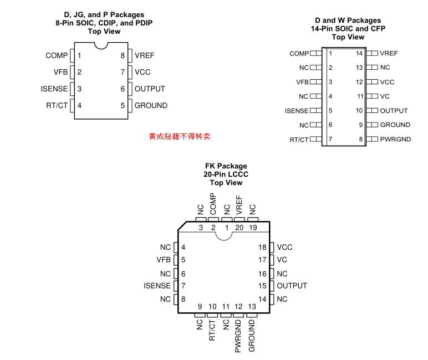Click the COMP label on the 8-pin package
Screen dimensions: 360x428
click(x=57, y=55)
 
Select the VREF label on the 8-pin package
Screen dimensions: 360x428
click(x=144, y=55)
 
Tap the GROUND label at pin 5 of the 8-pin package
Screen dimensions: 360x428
click(x=151, y=105)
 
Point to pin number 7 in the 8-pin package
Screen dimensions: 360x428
click(x=123, y=72)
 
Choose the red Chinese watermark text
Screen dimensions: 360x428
click(x=180, y=136)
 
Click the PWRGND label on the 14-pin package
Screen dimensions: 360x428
click(x=396, y=139)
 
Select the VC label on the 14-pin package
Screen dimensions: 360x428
click(x=385, y=96)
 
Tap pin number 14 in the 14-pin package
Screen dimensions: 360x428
click(x=359, y=53)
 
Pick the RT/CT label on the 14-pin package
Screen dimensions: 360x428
click(x=299, y=140)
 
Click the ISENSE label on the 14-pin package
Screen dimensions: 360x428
click(x=297, y=111)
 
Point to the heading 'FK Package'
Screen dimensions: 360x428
click(x=226, y=166)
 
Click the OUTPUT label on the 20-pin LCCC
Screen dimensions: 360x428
click(x=292, y=286)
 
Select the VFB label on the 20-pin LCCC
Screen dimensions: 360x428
click(x=164, y=260)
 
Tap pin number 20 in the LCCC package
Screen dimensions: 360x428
click(x=240, y=228)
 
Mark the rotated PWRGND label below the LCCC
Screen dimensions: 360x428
click(x=239, y=336)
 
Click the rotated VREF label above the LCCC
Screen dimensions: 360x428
click(x=240, y=204)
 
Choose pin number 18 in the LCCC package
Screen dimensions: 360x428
click(x=263, y=247)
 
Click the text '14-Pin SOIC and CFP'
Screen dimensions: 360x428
click(x=348, y=29)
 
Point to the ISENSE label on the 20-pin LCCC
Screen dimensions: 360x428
click(x=157, y=286)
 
